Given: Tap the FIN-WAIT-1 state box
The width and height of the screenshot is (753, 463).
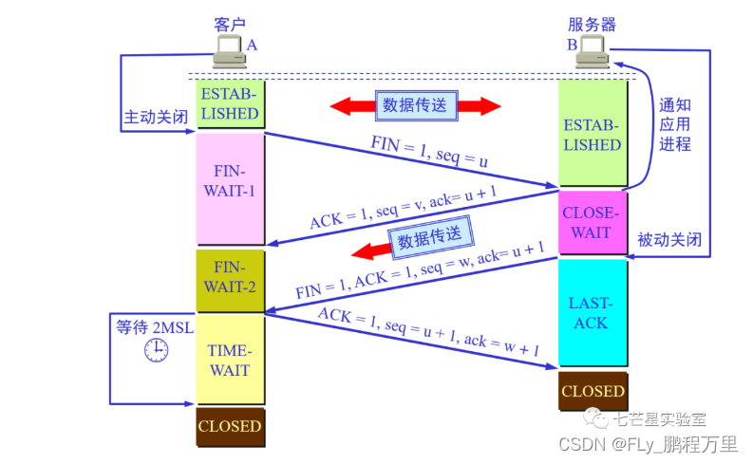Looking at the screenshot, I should tap(229, 188).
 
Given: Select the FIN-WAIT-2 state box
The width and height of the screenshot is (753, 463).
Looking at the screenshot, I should tap(229, 279).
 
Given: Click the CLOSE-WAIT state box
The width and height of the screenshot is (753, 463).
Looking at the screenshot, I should tap(593, 221).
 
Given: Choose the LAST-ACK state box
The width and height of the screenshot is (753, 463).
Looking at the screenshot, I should tap(593, 313).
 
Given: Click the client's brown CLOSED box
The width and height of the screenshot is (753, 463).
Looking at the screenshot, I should tap(229, 427).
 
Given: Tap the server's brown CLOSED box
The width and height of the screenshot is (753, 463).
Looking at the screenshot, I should tap(593, 391).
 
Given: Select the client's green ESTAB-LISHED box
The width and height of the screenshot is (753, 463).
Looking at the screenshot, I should tap(229, 104).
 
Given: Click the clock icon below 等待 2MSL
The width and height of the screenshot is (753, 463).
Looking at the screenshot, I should tap(155, 351).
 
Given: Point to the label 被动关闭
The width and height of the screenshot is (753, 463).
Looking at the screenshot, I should tap(669, 240).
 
